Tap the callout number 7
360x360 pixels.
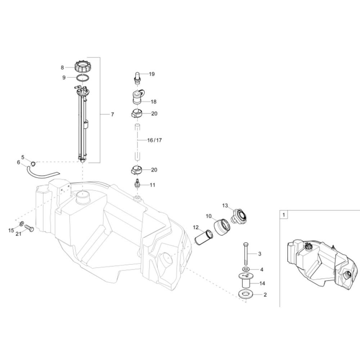pos(112,114)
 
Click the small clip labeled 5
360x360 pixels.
pos(33,164)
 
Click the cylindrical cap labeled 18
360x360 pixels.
pos(138,97)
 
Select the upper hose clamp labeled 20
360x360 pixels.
pos(137,113)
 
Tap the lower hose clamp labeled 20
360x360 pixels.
pos(136,170)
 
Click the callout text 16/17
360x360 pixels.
pos(154,140)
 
